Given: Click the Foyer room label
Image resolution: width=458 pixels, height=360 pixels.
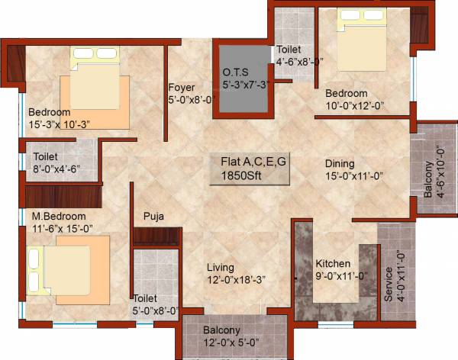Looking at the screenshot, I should pyautogui.click(x=182, y=87).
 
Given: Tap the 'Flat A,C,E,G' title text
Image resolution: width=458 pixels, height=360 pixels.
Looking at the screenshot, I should pyautogui.click(x=251, y=162).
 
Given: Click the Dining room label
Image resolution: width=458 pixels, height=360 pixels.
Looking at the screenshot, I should pyautogui.click(x=340, y=162).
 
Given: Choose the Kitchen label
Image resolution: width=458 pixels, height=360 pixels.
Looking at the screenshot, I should pyautogui.click(x=333, y=263).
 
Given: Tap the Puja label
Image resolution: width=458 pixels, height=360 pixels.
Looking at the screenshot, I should pyautogui.click(x=153, y=217).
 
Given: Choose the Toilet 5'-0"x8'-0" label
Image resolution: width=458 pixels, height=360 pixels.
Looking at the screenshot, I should pyautogui.click(x=146, y=298).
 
